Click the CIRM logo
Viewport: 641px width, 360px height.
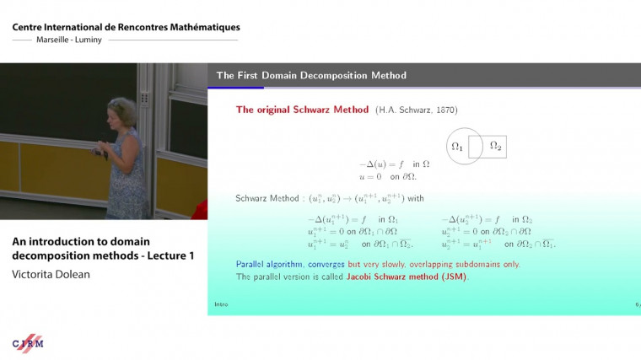(x=29, y=343)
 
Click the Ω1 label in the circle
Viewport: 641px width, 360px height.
(x=457, y=146)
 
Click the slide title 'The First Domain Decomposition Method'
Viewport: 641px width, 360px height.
(x=311, y=76)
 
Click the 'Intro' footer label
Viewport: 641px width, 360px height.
(x=221, y=304)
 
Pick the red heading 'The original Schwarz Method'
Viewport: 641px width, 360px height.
(x=302, y=110)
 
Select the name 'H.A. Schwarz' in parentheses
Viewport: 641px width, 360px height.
(x=403, y=110)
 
